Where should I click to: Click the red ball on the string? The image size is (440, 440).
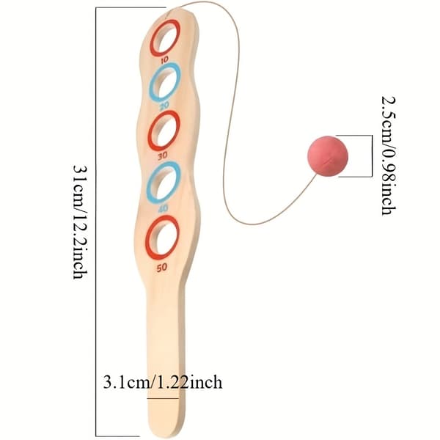pyautogui.click(x=328, y=156)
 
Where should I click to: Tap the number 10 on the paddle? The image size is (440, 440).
pyautogui.click(x=165, y=59)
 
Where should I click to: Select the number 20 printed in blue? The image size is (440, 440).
pyautogui.click(x=164, y=105)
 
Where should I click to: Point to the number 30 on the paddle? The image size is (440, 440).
pyautogui.click(x=163, y=155)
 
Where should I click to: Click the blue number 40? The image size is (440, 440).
pyautogui.click(x=163, y=208)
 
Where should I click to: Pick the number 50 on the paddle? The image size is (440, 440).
pyautogui.click(x=162, y=268)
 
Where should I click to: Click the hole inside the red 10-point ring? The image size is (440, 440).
pyautogui.click(x=166, y=37)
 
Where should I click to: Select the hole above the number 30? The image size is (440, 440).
pyautogui.click(x=165, y=131)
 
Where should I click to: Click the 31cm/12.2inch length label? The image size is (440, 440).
pyautogui.click(x=80, y=221)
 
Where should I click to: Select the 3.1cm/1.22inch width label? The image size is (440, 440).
pyautogui.click(x=163, y=382)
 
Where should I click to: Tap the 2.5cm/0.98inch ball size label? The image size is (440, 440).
pyautogui.click(x=389, y=155)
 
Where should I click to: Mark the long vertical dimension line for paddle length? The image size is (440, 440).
pyautogui.click(x=96, y=221)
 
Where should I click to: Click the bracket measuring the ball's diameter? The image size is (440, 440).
pyautogui.click(x=372, y=156)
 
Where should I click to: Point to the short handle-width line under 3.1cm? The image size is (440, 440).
pyautogui.click(x=163, y=398)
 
